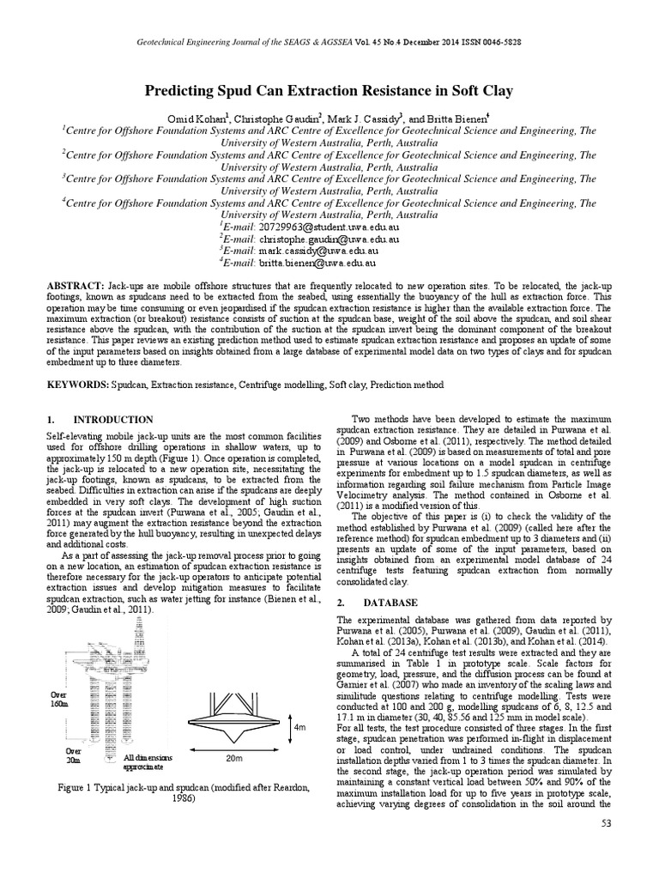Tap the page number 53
click(x=608, y=826)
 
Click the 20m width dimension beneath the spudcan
click(x=234, y=758)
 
